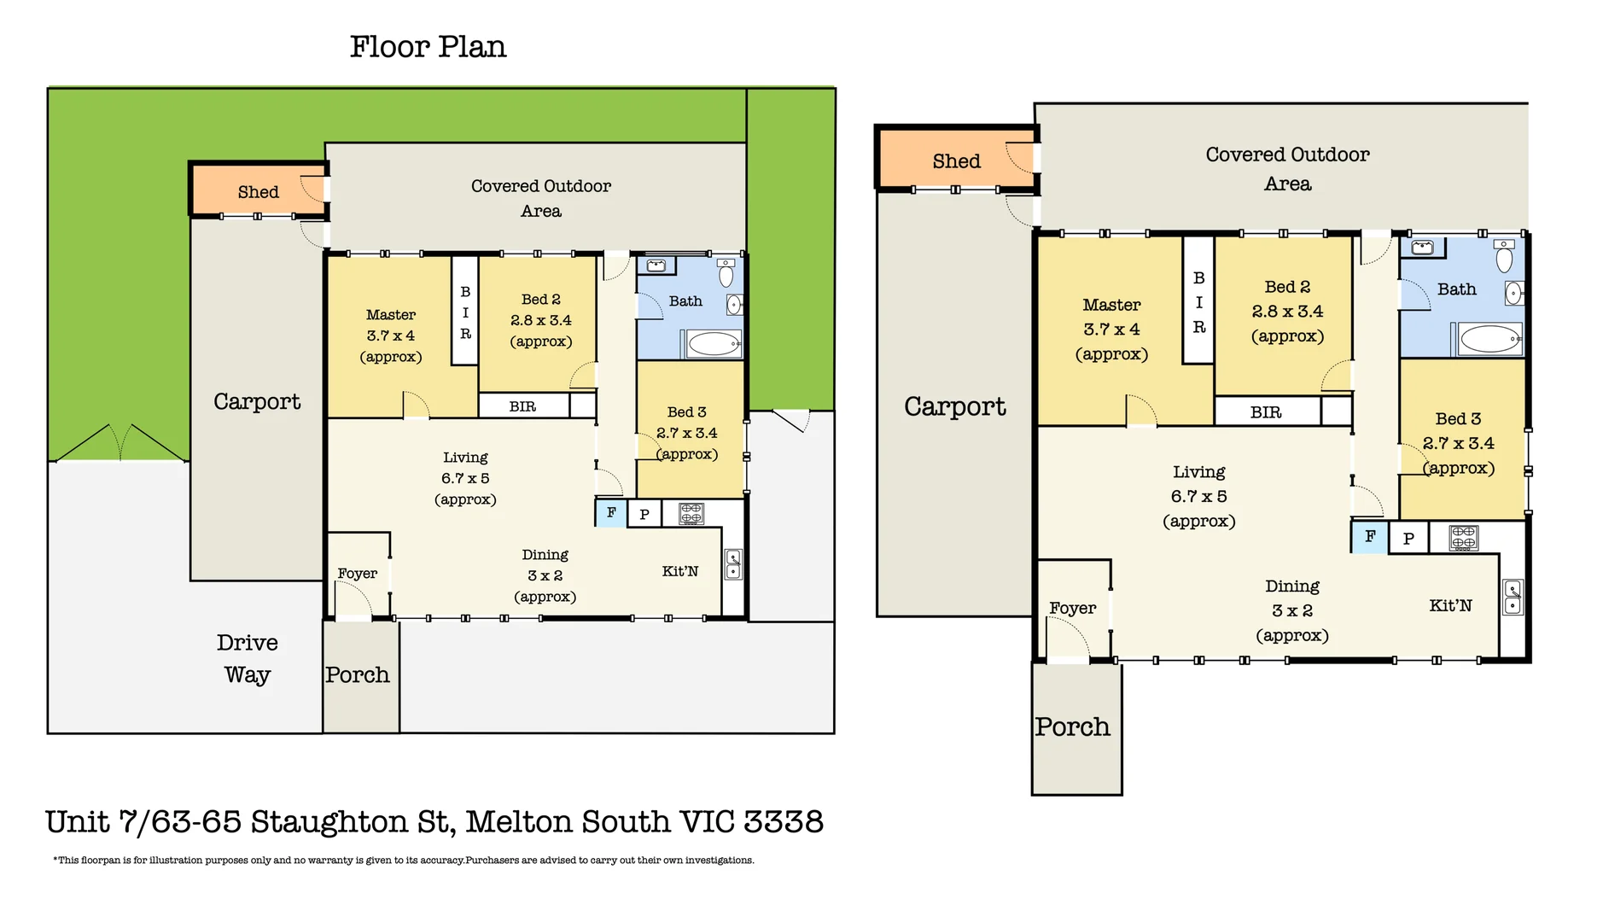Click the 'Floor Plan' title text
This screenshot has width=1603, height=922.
428,47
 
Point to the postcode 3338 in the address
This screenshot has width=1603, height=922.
783,821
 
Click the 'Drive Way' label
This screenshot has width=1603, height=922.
247,658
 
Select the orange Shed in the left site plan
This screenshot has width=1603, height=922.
258,191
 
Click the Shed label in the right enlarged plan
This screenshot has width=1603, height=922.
956,161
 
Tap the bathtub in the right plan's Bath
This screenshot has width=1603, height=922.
1489,339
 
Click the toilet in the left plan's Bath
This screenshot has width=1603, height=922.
726,273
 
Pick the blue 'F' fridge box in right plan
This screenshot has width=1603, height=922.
1369,536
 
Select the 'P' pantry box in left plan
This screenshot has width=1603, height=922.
644,514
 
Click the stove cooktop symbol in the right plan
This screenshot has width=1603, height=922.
1463,537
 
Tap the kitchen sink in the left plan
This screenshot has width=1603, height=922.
732,564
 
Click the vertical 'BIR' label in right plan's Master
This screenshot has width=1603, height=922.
1198,302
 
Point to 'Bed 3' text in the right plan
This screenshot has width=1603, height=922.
1458,418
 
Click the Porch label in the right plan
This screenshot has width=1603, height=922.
1072,727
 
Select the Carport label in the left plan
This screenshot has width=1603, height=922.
256,401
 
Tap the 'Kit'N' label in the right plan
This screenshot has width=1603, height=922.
1450,605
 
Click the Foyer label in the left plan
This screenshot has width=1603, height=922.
357,574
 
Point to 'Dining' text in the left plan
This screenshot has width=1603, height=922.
545,555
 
